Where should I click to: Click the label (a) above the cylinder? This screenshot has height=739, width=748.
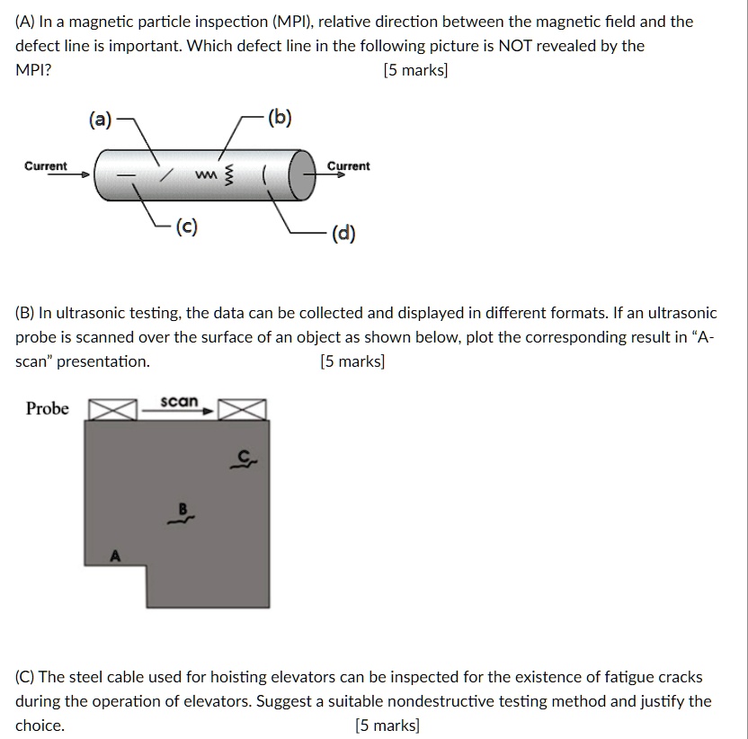(x=100, y=120)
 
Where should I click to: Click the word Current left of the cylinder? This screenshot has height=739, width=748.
(x=45, y=166)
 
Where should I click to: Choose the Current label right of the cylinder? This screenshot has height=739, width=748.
(x=348, y=166)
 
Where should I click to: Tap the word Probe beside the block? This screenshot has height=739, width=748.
(x=48, y=409)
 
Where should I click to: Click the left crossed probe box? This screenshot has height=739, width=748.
(x=111, y=410)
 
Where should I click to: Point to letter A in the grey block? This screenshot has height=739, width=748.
(x=114, y=555)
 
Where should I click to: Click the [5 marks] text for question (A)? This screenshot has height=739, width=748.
(x=414, y=69)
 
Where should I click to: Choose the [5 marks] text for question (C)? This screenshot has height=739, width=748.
(x=387, y=726)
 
